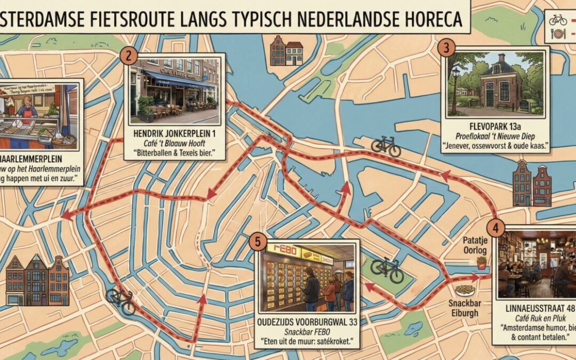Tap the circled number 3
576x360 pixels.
pyautogui.click(x=446, y=47)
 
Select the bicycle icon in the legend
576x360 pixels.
pyautogui.click(x=558, y=20)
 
